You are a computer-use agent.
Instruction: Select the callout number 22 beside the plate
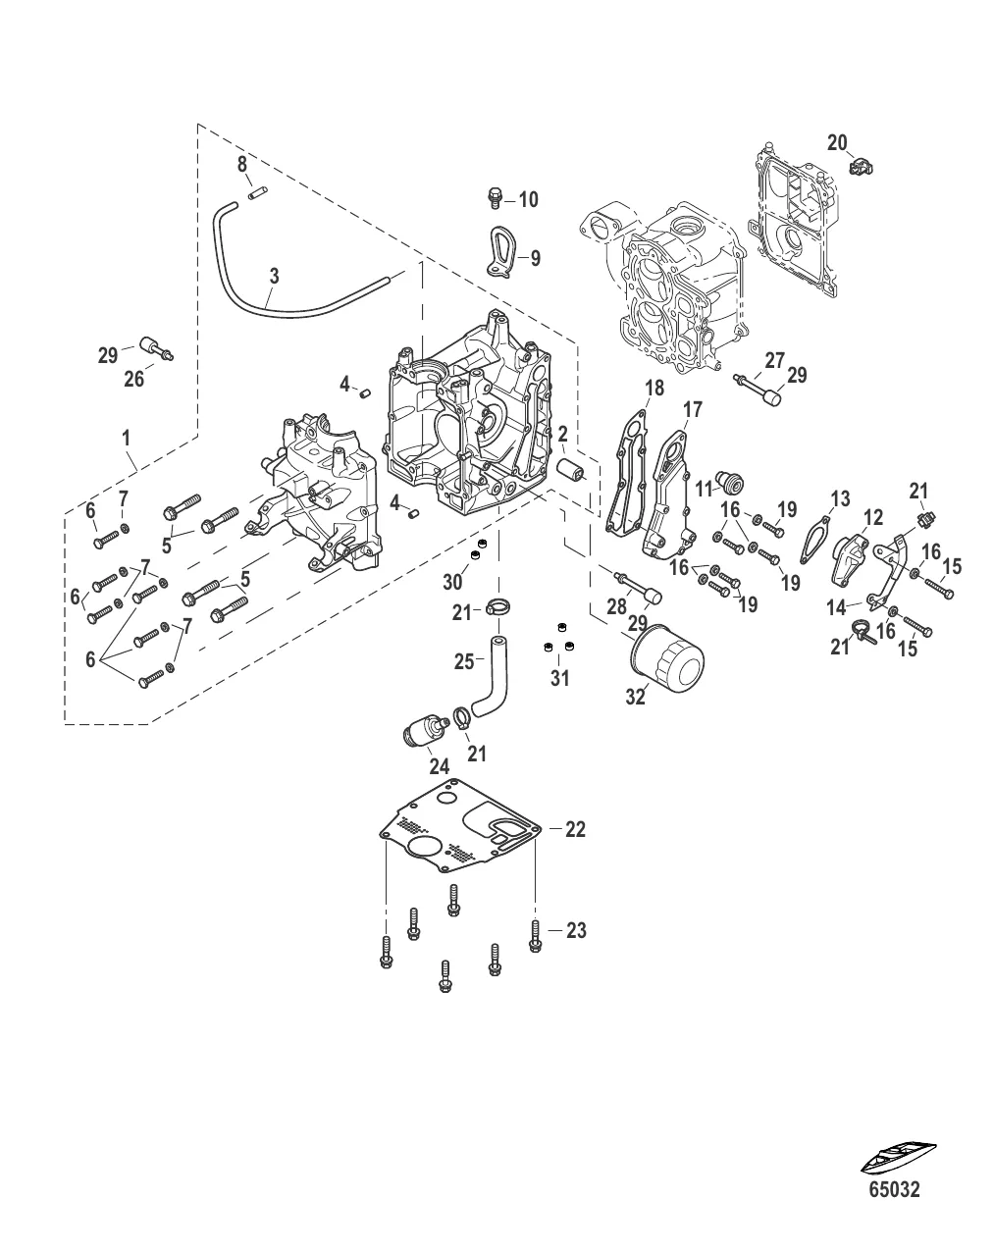tap(575, 829)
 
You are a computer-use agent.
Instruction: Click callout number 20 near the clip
tap(836, 143)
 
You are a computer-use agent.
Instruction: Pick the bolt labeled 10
tap(496, 199)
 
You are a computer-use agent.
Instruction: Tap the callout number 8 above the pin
tap(242, 164)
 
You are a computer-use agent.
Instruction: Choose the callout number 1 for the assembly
tap(129, 436)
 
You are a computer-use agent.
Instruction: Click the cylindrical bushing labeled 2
tap(570, 473)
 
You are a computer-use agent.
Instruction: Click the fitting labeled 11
tap(728, 480)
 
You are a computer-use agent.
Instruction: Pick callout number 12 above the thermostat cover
tap(872, 517)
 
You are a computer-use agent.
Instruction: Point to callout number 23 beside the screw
tap(576, 930)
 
